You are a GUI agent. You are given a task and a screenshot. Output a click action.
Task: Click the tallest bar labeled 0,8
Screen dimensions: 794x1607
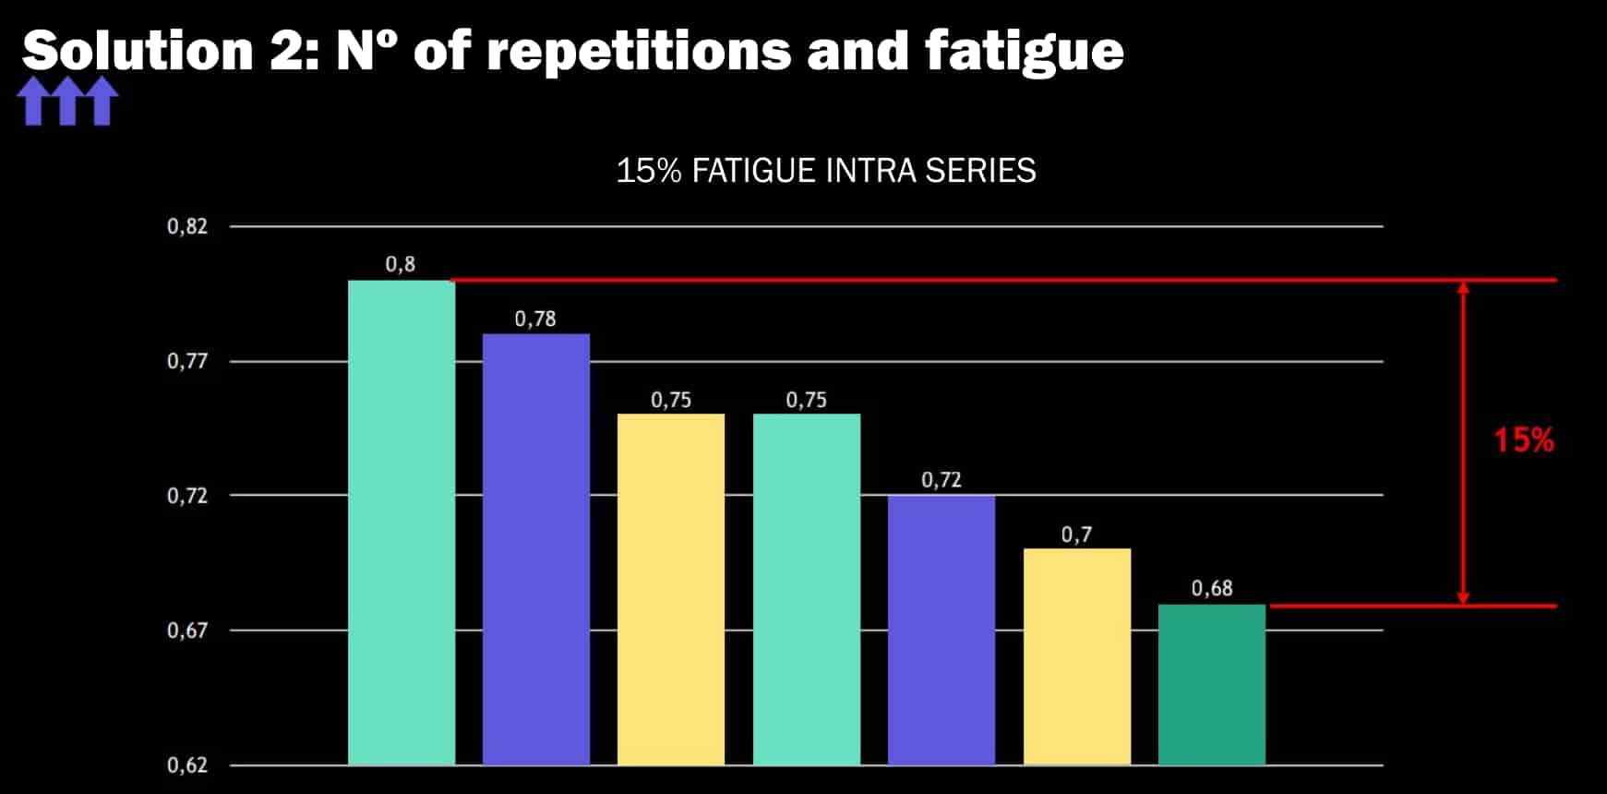tap(402, 523)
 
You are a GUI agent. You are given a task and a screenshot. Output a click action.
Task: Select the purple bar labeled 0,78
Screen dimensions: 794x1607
tap(536, 549)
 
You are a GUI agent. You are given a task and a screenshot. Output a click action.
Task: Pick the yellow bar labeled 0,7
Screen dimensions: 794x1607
tap(1077, 656)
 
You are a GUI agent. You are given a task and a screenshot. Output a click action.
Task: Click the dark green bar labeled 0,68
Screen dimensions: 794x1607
tap(1212, 684)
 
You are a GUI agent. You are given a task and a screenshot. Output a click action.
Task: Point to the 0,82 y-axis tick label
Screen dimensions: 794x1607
tap(187, 226)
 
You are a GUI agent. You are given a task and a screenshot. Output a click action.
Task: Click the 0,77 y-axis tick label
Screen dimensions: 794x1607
tap(187, 361)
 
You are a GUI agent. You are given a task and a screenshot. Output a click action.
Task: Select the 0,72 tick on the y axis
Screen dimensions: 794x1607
tap(187, 496)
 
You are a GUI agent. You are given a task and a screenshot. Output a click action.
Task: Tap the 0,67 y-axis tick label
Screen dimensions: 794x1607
tap(187, 631)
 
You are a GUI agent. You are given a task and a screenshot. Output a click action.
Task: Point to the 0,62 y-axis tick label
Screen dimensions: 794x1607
tap(187, 765)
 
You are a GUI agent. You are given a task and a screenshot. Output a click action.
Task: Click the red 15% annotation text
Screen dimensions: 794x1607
tap(1524, 440)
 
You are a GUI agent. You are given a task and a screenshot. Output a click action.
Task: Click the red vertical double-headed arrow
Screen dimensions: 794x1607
tap(1463, 443)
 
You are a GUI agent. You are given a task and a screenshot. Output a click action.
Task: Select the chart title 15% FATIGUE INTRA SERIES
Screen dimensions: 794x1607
tap(826, 171)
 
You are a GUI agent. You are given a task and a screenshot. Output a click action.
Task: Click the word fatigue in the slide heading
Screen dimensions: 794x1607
tap(1025, 51)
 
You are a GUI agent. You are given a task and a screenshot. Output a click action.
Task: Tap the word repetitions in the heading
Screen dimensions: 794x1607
tap(639, 51)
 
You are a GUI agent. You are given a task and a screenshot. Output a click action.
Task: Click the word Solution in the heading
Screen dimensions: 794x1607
tap(138, 51)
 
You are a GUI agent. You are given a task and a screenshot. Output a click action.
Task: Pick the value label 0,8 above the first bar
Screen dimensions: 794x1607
tap(401, 265)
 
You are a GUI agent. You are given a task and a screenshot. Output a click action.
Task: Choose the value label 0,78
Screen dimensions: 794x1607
tap(535, 319)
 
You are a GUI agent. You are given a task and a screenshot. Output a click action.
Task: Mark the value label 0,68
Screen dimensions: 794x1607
tap(1212, 589)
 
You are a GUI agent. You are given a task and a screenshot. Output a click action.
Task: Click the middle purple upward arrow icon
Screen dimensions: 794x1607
tap(67, 101)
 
